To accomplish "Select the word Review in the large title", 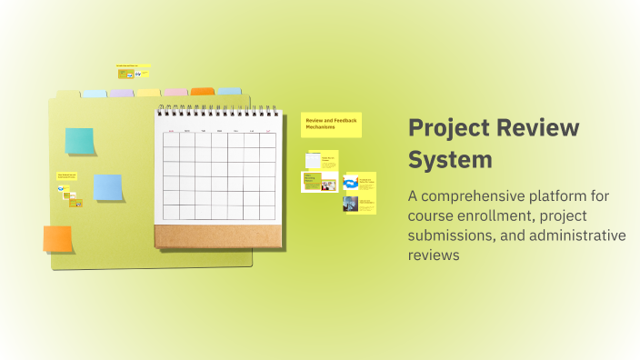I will pyautogui.click(x=536, y=128).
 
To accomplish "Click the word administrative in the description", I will pyautogui.click(x=580, y=235).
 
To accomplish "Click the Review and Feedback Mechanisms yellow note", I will pyautogui.click(x=331, y=125).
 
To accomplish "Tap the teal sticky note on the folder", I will pyautogui.click(x=79, y=141).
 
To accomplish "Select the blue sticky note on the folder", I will pyautogui.click(x=108, y=187).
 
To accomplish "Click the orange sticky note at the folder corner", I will pyautogui.click(x=57, y=239).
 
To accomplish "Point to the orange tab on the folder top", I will pyautogui.click(x=203, y=92).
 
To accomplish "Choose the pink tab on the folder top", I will pyautogui.click(x=175, y=93).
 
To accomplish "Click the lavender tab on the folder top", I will pyautogui.click(x=122, y=93).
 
